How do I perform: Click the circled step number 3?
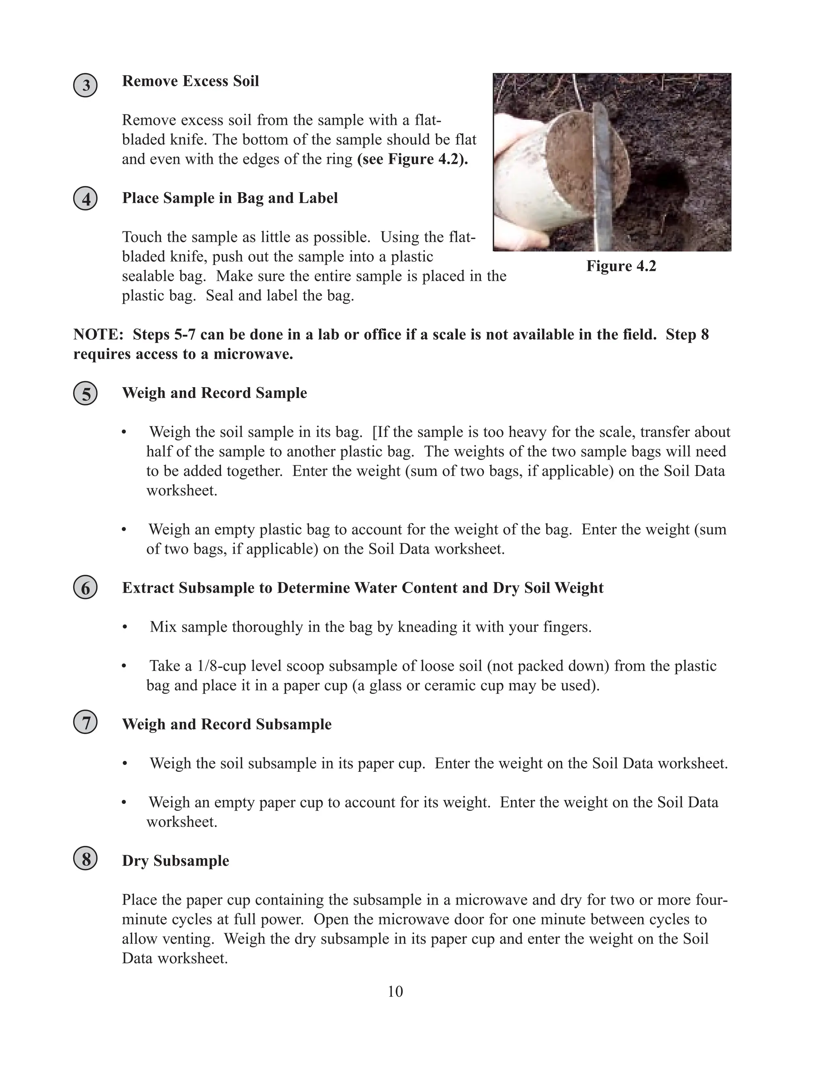click(85, 85)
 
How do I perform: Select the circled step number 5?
click(85, 394)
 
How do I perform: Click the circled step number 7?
click(85, 723)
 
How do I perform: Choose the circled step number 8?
click(85, 859)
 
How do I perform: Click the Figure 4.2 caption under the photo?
click(621, 266)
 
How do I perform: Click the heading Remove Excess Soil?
click(191, 81)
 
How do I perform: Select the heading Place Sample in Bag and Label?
click(230, 198)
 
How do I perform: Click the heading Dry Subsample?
click(175, 860)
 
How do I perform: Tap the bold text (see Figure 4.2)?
click(412, 159)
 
